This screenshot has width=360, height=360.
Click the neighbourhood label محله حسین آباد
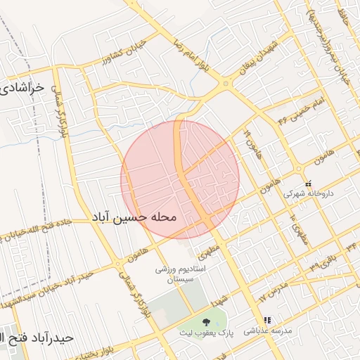click(134, 218)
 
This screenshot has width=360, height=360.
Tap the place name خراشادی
click(21, 89)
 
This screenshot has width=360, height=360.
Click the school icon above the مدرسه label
click(266, 321)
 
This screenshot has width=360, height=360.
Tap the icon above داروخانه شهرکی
click(308, 182)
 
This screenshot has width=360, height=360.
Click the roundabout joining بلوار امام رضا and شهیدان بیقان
click(225, 84)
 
